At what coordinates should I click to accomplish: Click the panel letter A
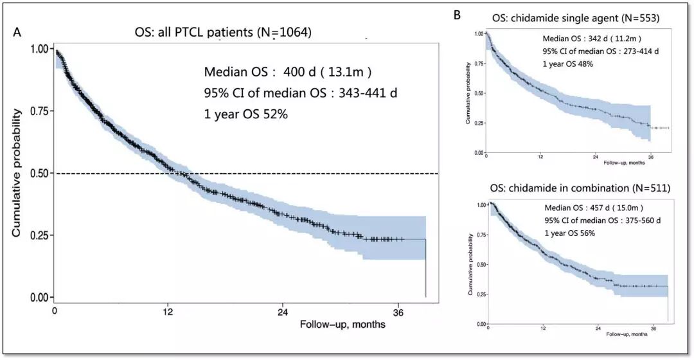click(18, 33)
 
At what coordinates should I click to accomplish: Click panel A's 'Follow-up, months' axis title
click(343, 325)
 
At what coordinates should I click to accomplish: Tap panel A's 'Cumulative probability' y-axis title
click(18, 174)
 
